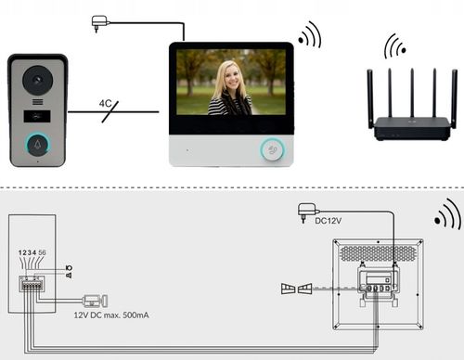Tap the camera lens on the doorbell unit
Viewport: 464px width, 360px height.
(37, 78)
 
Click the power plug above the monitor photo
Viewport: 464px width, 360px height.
(100, 21)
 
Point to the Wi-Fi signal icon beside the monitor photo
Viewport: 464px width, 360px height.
(308, 35)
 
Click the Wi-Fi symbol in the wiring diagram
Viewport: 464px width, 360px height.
(446, 215)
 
